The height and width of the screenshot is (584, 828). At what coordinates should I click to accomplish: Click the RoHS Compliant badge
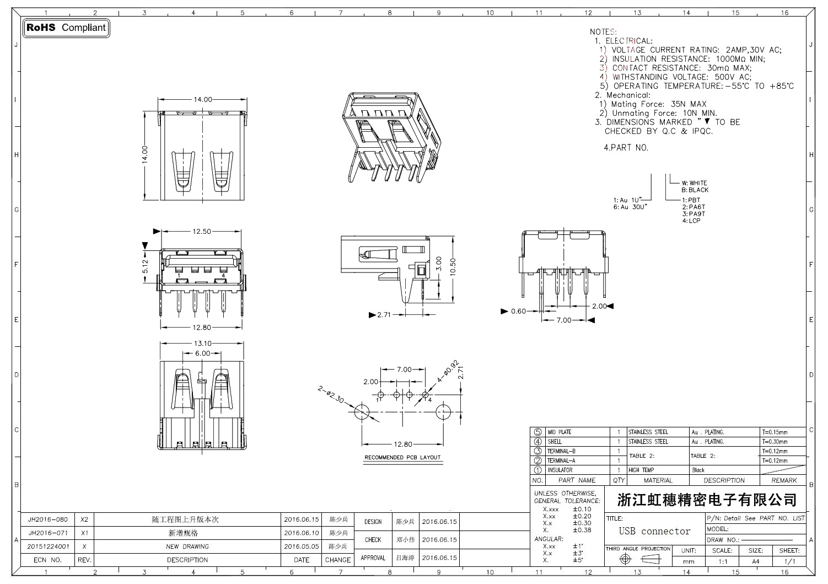(x=66, y=28)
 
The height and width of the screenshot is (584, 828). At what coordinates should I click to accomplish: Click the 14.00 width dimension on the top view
(x=202, y=100)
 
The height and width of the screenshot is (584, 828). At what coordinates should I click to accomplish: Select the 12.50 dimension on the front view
(x=202, y=232)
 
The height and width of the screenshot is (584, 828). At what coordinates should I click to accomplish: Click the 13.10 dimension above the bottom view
(x=202, y=344)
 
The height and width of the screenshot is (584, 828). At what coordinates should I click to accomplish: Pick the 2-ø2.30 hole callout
(x=331, y=395)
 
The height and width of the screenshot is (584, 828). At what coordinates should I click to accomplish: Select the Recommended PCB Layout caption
(x=402, y=458)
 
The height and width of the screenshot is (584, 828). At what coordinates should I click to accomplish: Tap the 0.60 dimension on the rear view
(x=518, y=312)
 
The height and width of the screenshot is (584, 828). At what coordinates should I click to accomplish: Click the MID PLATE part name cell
(x=560, y=432)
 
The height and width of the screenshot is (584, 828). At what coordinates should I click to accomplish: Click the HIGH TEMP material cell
(x=641, y=470)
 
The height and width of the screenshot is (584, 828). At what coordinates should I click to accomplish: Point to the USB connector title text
(x=654, y=532)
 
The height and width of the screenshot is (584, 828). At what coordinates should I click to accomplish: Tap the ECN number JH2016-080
(x=48, y=519)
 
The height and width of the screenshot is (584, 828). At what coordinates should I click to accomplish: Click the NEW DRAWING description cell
(x=187, y=547)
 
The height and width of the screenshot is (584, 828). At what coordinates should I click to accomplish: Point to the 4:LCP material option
(x=691, y=221)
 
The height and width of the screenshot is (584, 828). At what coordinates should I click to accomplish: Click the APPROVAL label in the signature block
(x=373, y=558)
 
